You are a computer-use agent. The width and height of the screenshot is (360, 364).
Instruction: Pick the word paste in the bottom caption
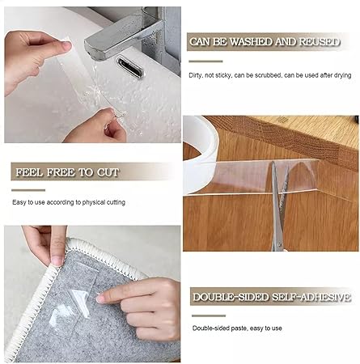[236, 328]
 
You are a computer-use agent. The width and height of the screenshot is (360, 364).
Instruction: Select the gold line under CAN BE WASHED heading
[205, 61]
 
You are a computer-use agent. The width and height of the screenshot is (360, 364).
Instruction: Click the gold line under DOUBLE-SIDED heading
[205, 312]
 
